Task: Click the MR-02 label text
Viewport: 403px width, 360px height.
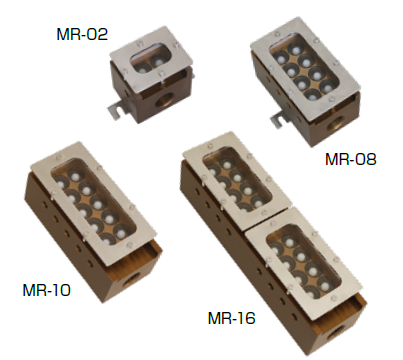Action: click(82, 34)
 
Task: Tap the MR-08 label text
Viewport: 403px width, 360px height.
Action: click(351, 159)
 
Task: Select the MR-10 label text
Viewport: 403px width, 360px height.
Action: click(46, 290)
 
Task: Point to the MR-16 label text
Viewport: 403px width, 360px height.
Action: click(231, 318)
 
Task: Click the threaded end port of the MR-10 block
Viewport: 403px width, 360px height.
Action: click(131, 280)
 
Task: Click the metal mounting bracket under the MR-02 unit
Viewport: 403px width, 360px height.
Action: click(116, 109)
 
